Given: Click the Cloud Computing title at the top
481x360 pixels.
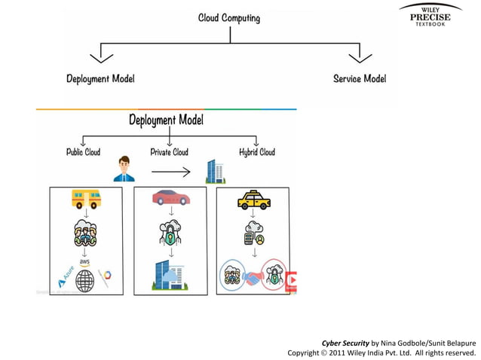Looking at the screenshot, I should coord(228,17).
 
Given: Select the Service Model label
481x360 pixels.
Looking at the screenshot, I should coord(359,78).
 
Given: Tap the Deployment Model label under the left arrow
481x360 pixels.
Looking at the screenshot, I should coord(100,78).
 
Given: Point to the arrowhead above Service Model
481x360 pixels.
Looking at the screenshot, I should coord(360,56).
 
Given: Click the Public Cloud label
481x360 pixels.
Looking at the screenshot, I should coord(83,151).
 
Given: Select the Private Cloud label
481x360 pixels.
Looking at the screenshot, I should coord(169,151).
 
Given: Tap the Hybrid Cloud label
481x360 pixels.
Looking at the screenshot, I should coord(257,151).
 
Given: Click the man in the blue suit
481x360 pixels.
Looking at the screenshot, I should coord(123,169).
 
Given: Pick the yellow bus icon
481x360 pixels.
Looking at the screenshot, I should coord(86,199).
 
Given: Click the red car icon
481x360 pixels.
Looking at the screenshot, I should coord(170,198).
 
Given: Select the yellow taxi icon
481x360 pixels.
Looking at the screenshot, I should coord(254,200).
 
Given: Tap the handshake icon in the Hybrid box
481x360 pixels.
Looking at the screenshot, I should coord(254,277).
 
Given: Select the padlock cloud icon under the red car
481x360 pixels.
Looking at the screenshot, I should coord(170,234).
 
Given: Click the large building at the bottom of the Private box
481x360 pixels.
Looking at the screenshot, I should coord(170,275).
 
